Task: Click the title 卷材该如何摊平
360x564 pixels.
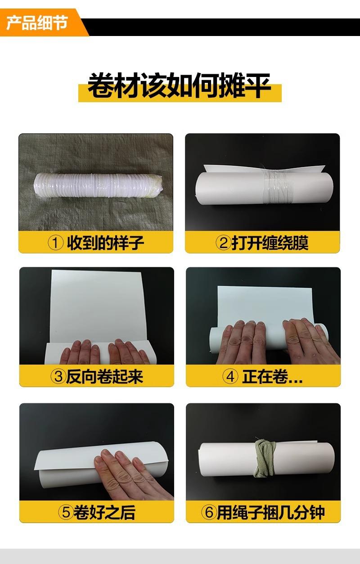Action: pos(180,86)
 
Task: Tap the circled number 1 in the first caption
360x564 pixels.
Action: pos(55,243)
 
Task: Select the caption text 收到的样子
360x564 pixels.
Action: pos(105,243)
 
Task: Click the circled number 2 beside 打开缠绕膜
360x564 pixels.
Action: pos(224,243)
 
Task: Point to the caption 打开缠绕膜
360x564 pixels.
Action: pos(270,243)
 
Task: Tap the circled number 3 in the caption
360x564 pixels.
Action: pos(58,376)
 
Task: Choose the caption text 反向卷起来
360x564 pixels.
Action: pos(105,376)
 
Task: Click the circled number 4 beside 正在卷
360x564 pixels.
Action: pos(230,376)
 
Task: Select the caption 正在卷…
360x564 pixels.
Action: pos(272,376)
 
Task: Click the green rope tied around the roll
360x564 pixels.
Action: pos(264,458)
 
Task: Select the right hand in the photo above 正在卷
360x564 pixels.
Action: pos(310,340)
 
